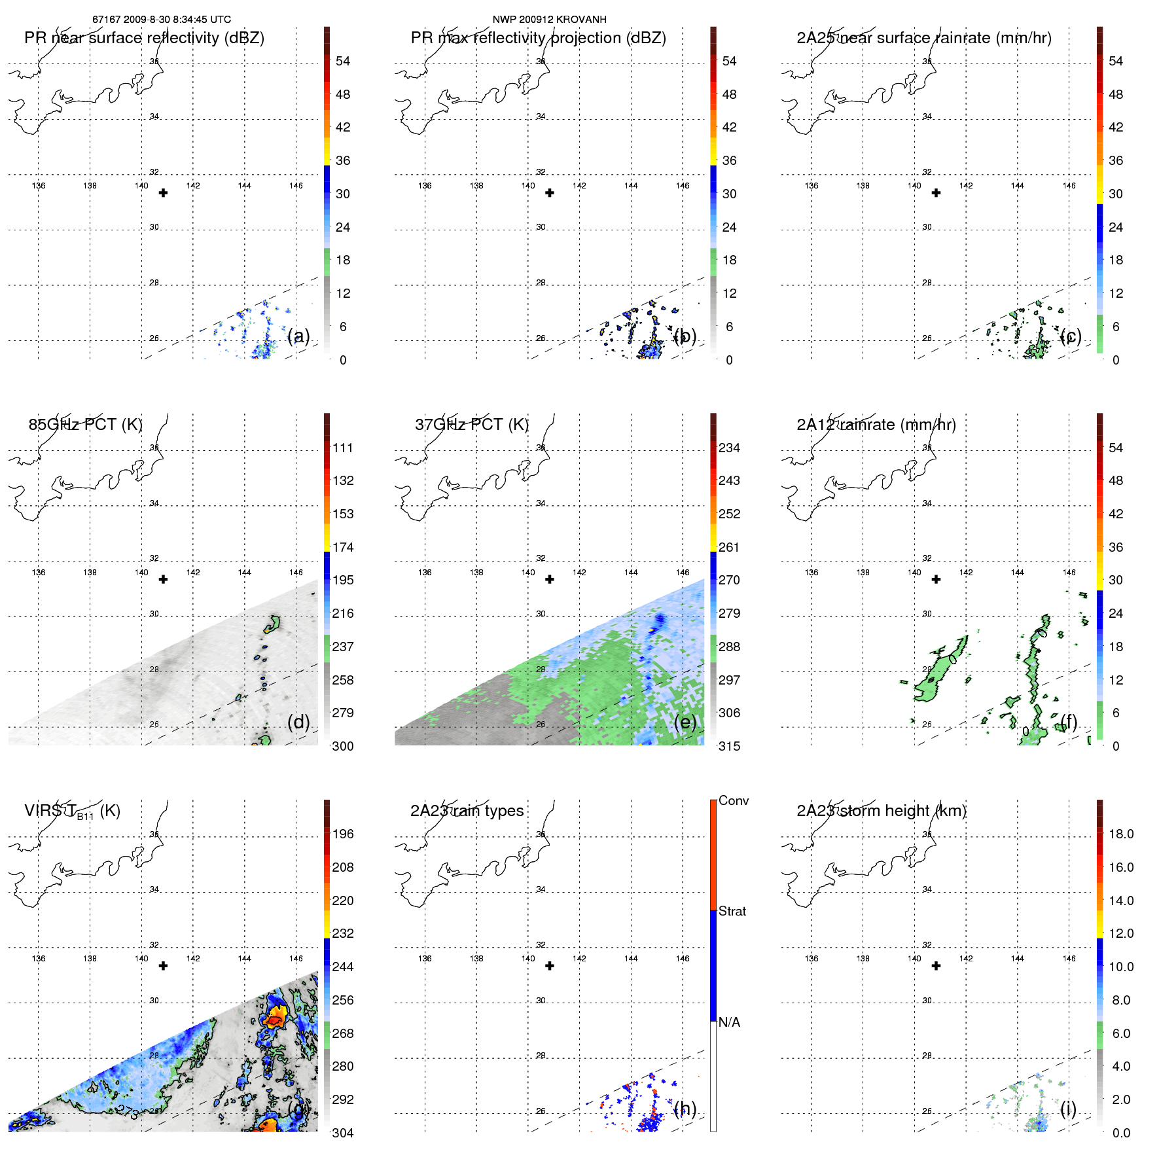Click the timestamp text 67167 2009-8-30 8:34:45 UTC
[161, 20]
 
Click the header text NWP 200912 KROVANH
[549, 20]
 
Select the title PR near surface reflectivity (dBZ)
[144, 38]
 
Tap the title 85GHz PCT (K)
[85, 424]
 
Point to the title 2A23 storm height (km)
[881, 811]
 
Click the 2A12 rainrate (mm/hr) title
[876, 425]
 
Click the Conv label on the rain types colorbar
[733, 800]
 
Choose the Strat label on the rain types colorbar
[732, 911]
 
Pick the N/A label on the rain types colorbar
[729, 1022]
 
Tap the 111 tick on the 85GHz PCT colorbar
[342, 448]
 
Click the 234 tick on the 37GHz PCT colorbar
[729, 448]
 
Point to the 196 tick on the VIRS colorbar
[342, 834]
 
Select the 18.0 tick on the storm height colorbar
[1120, 834]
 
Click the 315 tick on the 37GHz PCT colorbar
[729, 746]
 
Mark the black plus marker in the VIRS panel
[163, 966]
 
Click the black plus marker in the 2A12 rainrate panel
[936, 579]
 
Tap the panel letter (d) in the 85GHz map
[298, 722]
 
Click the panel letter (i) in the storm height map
[1068, 1109]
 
